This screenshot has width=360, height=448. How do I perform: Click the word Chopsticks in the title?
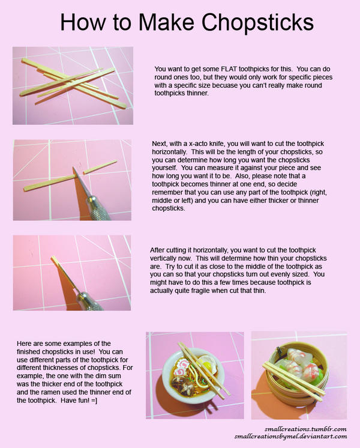click(258, 23)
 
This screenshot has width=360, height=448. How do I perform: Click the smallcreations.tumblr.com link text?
click(305, 429)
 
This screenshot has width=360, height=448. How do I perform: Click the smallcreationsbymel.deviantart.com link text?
click(290, 437)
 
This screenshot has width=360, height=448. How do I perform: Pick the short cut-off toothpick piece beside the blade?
click(100, 167)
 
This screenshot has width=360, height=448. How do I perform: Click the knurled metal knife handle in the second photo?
click(98, 208)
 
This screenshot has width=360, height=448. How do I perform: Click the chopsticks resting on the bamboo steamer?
click(293, 378)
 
